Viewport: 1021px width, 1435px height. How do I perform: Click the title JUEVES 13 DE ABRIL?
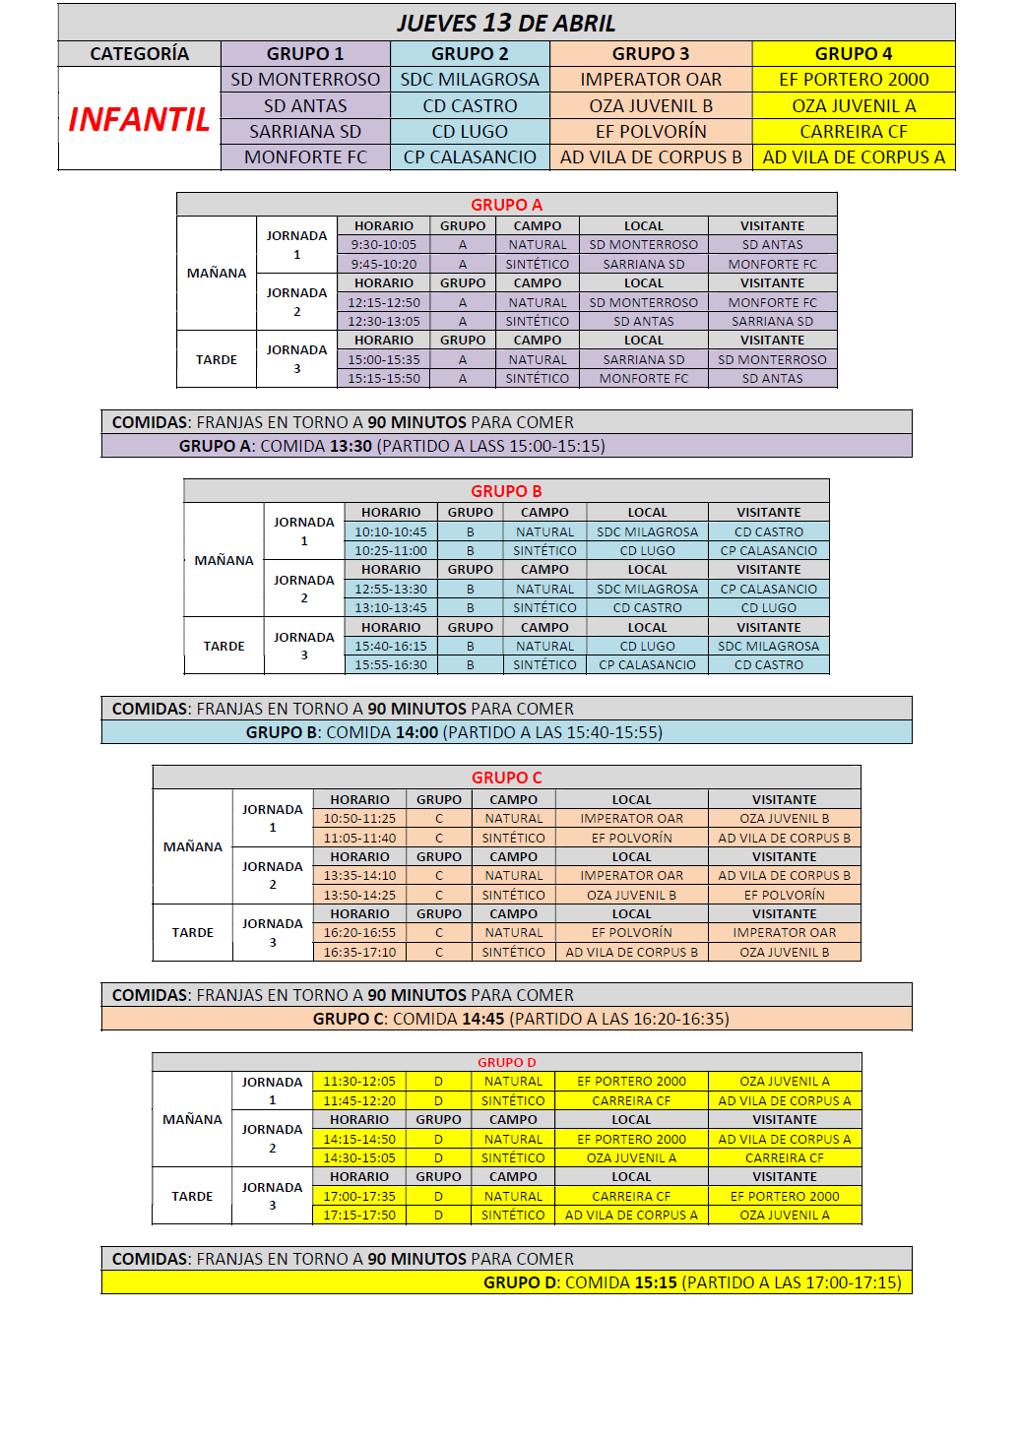pyautogui.click(x=506, y=23)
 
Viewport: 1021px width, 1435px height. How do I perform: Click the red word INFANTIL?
pyautogui.click(x=139, y=119)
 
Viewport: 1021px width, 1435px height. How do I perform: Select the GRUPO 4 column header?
pyautogui.click(x=853, y=54)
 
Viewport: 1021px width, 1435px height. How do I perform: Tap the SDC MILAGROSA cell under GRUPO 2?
pyautogui.click(x=470, y=80)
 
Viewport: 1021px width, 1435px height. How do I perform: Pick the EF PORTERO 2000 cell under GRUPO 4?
pyautogui.click(x=853, y=80)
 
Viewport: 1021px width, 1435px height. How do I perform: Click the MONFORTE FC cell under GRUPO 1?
pyautogui.click(x=305, y=157)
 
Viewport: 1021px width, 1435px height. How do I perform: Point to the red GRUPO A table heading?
pyautogui.click(x=506, y=205)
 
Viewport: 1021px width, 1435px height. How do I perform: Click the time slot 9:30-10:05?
pyautogui.click(x=384, y=245)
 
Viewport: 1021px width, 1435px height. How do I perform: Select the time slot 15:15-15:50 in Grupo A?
pyautogui.click(x=384, y=379)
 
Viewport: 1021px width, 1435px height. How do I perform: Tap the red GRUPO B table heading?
pyautogui.click(x=506, y=491)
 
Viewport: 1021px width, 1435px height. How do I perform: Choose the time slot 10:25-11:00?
pyautogui.click(x=391, y=551)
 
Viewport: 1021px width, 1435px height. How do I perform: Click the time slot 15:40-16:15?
pyautogui.click(x=391, y=647)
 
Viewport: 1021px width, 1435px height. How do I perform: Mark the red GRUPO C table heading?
pyautogui.click(x=506, y=778)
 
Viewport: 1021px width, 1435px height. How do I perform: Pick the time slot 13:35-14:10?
pyautogui.click(x=359, y=876)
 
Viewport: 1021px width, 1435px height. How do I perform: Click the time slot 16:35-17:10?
pyautogui.click(x=359, y=953)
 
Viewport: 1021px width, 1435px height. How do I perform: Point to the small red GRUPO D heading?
pyautogui.click(x=506, y=1063)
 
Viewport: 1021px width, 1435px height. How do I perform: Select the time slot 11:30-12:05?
pyautogui.click(x=359, y=1082)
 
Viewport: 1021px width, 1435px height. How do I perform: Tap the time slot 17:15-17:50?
pyautogui.click(x=359, y=1216)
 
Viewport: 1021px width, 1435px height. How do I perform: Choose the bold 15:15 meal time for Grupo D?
pyautogui.click(x=656, y=1282)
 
